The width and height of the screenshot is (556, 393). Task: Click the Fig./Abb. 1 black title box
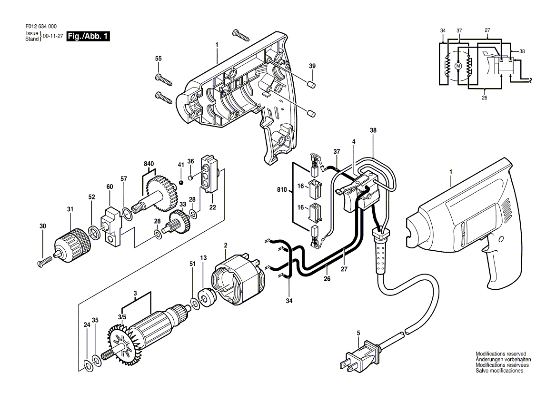point(88,36)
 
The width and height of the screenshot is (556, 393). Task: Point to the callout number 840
point(149,164)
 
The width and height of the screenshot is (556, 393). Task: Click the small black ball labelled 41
point(181,183)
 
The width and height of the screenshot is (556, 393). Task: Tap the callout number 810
point(282,189)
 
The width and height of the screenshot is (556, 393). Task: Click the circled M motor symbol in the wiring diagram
point(458,66)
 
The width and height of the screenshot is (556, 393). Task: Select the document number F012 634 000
point(41,27)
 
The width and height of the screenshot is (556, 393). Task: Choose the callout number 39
point(312,66)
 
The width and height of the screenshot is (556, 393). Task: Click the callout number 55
point(159,59)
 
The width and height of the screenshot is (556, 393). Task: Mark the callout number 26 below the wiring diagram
point(485,98)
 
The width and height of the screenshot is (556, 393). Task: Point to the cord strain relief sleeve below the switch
point(380,252)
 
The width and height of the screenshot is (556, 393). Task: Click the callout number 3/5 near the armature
point(122,317)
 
